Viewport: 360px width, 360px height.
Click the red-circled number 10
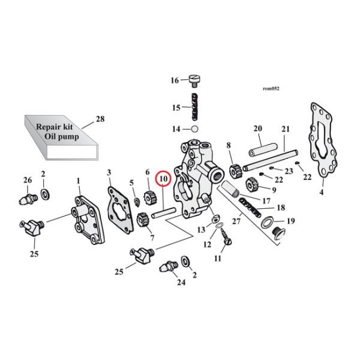[163, 178]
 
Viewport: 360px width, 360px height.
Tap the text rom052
[271, 88]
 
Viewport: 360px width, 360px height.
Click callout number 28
[100, 119]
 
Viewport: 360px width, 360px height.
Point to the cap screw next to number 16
[194, 79]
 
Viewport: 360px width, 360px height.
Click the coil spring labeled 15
[195, 107]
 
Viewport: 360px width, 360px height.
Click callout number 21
[285, 129]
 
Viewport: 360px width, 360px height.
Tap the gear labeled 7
[143, 220]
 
